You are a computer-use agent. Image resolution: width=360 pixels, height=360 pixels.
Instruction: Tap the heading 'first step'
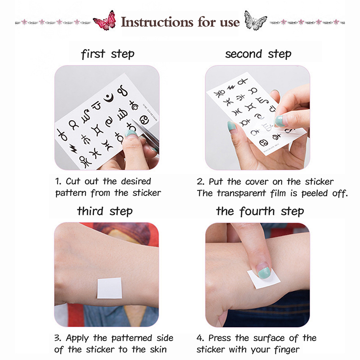point(108,54)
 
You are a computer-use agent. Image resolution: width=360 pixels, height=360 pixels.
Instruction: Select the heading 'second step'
point(258,54)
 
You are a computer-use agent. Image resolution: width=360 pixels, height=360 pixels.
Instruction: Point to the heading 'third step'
point(105,211)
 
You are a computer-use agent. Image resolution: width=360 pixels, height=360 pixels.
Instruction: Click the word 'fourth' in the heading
point(257,211)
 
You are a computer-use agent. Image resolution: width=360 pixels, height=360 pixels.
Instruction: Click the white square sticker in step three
point(109,288)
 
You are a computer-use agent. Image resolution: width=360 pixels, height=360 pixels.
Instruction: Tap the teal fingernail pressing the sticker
point(265,273)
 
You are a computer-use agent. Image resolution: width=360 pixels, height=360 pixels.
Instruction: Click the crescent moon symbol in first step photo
point(109,98)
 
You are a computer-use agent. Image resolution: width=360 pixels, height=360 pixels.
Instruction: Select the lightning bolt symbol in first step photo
point(73,148)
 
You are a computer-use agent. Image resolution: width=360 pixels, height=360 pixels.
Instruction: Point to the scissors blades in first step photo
point(145,131)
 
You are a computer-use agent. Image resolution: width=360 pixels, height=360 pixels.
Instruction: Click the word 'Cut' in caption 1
point(72,181)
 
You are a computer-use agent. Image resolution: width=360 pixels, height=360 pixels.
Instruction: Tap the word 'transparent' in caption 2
point(241,193)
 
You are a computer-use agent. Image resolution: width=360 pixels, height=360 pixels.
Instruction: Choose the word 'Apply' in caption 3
point(77,338)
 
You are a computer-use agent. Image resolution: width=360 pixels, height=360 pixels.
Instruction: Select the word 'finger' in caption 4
point(287,350)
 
